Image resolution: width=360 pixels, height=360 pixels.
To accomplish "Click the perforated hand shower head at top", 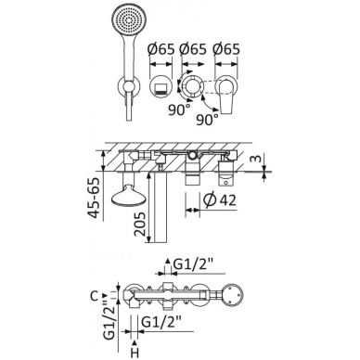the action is point(126,19).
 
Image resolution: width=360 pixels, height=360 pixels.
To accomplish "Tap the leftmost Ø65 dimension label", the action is point(161,49).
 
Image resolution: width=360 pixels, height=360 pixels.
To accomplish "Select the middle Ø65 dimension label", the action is point(193,49).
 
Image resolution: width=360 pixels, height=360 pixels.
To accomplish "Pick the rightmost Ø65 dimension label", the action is point(226,49).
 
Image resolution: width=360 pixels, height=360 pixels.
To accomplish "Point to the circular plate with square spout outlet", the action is point(161,87).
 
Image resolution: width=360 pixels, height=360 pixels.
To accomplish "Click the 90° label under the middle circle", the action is point(179,109).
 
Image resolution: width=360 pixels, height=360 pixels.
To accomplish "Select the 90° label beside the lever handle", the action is point(208,120).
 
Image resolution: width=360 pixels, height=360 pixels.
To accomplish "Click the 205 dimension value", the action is point(140,224).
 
